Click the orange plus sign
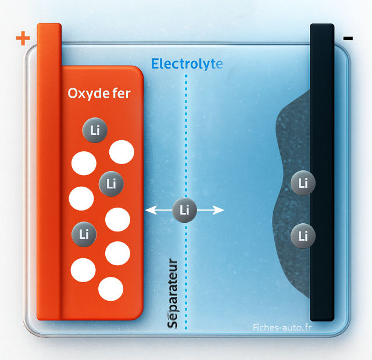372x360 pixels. (23, 38)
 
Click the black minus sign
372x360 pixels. (348, 38)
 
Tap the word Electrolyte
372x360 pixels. (187, 65)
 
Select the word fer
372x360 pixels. (121, 93)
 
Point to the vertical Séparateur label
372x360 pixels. (173, 293)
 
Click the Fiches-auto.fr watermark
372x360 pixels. (282, 327)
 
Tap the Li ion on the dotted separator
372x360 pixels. (185, 210)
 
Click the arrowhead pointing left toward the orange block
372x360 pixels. (151, 210)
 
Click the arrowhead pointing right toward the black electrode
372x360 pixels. (219, 210)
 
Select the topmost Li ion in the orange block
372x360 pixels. (95, 130)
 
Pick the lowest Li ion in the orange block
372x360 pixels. (84, 234)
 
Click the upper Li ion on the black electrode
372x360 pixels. (303, 183)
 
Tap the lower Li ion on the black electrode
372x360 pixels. (303, 236)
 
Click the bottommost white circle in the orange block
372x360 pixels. (111, 289)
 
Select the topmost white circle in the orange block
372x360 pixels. (121, 152)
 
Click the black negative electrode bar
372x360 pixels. (322, 173)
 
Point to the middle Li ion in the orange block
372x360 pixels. (111, 184)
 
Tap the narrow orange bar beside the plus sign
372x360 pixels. (49, 172)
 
